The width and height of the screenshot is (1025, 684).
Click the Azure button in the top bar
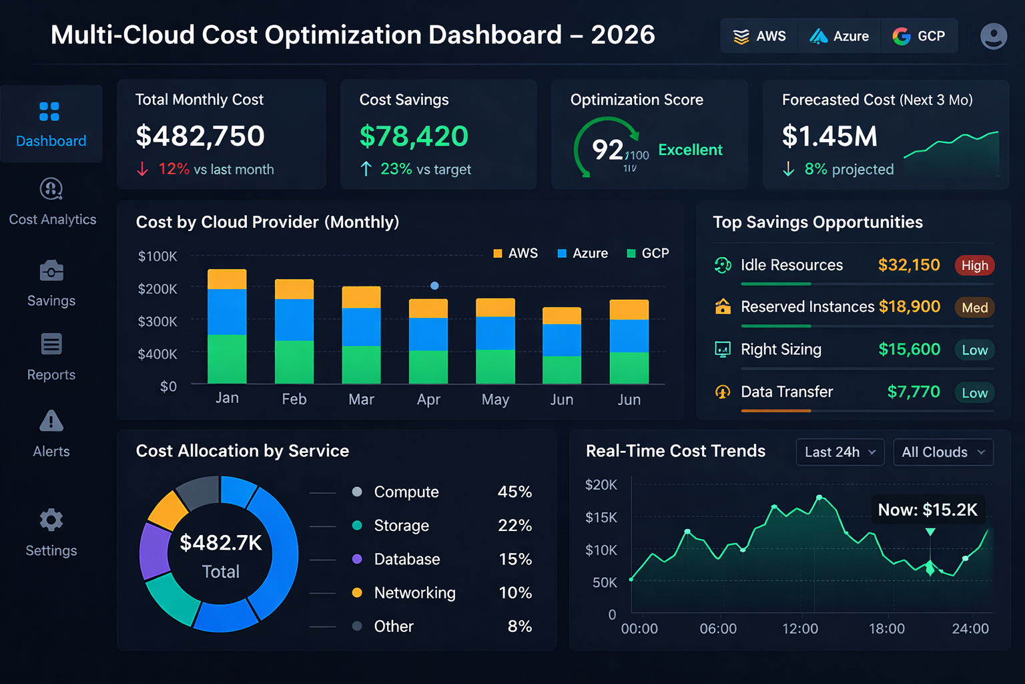tap(839, 36)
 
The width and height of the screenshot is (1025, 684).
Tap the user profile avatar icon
tap(993, 36)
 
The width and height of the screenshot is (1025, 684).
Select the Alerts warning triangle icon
tap(51, 421)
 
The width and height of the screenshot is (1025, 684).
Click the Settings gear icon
tap(51, 520)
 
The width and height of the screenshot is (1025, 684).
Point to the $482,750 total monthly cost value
tap(200, 136)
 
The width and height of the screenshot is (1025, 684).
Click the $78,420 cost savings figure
tap(414, 136)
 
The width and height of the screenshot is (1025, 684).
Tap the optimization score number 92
tap(607, 150)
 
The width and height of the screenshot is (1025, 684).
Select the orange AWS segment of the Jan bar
tap(227, 279)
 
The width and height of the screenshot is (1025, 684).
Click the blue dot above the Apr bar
tap(434, 286)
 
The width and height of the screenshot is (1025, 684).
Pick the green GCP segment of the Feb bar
tap(294, 361)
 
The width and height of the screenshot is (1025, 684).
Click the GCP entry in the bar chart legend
tap(648, 253)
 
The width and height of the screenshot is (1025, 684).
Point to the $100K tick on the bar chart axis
tap(157, 256)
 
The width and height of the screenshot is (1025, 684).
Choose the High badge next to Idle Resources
tap(974, 266)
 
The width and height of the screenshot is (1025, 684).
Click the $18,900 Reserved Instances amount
tap(909, 307)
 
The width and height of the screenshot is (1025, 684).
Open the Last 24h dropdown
tap(839, 452)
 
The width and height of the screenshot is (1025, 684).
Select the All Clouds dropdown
tap(942, 452)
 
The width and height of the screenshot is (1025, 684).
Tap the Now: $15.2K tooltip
tap(927, 510)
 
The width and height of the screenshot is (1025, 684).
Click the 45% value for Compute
tap(515, 492)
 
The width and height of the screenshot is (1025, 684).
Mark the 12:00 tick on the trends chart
tap(799, 629)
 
